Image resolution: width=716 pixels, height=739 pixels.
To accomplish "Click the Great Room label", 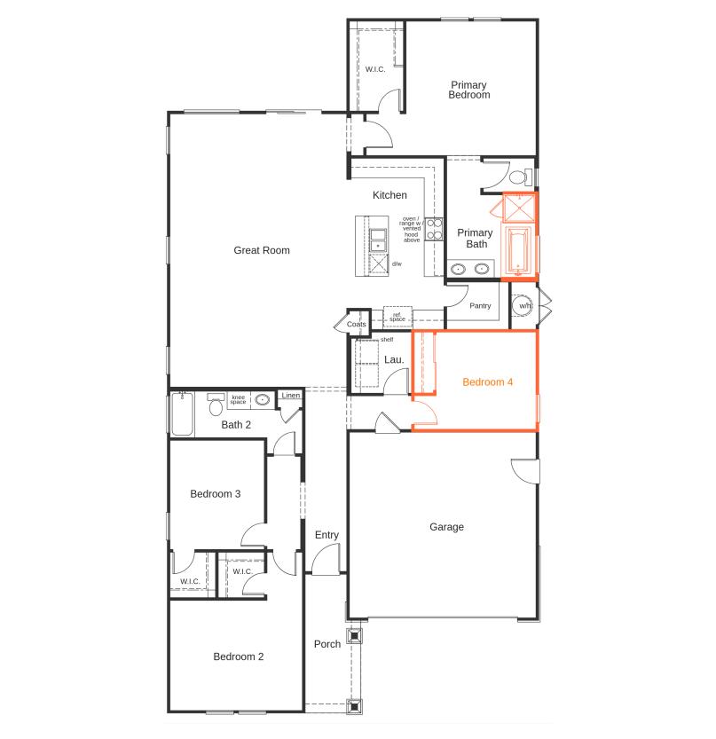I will [x=262, y=250].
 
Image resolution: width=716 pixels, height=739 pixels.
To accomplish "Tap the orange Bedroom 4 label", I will [x=487, y=382].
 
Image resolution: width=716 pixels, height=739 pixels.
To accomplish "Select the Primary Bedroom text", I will [x=469, y=90].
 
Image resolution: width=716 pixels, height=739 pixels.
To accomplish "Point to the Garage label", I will [x=446, y=527].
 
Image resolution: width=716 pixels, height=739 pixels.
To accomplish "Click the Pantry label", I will [x=480, y=306].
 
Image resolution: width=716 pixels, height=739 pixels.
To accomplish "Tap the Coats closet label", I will [x=357, y=325].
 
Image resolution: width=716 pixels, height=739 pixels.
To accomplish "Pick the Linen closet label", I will [x=290, y=396].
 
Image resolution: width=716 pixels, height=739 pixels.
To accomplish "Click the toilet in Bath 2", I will [x=216, y=406].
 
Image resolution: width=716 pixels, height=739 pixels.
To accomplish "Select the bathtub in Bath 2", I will [x=182, y=415].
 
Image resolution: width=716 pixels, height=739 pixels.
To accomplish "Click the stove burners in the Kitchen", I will [x=435, y=229].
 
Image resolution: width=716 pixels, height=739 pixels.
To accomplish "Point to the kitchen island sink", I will [x=379, y=238].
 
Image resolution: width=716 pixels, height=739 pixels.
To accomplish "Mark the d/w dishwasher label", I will [x=397, y=263].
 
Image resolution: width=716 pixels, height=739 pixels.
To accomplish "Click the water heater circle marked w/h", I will [x=524, y=306].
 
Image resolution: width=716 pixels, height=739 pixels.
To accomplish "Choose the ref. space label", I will [x=397, y=317].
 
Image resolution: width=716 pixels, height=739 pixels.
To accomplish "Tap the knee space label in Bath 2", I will [x=238, y=400].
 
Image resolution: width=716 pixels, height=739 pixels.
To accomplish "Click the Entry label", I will [x=327, y=535].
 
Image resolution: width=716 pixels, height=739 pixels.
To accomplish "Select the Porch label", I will [x=327, y=644].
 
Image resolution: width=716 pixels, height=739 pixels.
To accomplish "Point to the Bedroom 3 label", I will [x=216, y=494].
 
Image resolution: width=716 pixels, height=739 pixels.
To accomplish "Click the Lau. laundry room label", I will [x=394, y=359].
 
